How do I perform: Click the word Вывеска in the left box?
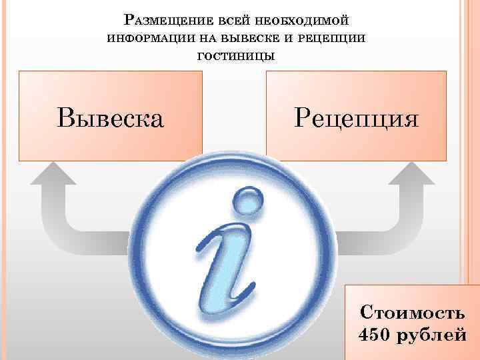[x=110, y=118]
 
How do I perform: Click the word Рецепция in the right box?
[x=357, y=118]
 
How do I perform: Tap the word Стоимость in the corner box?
[x=412, y=312]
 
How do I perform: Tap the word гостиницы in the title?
[x=235, y=55]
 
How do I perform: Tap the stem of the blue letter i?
[x=230, y=273]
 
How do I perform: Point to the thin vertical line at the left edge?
[x=8, y=180]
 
